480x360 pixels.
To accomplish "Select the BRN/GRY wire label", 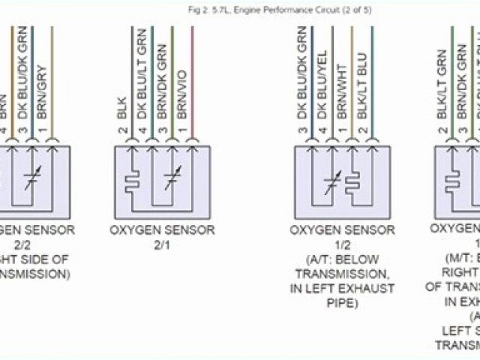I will click(52, 96).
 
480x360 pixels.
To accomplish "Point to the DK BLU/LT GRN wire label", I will click(139, 81).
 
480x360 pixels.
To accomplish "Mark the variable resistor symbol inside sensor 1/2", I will click(330, 181).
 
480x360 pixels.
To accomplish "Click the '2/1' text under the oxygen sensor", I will click(162, 244).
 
